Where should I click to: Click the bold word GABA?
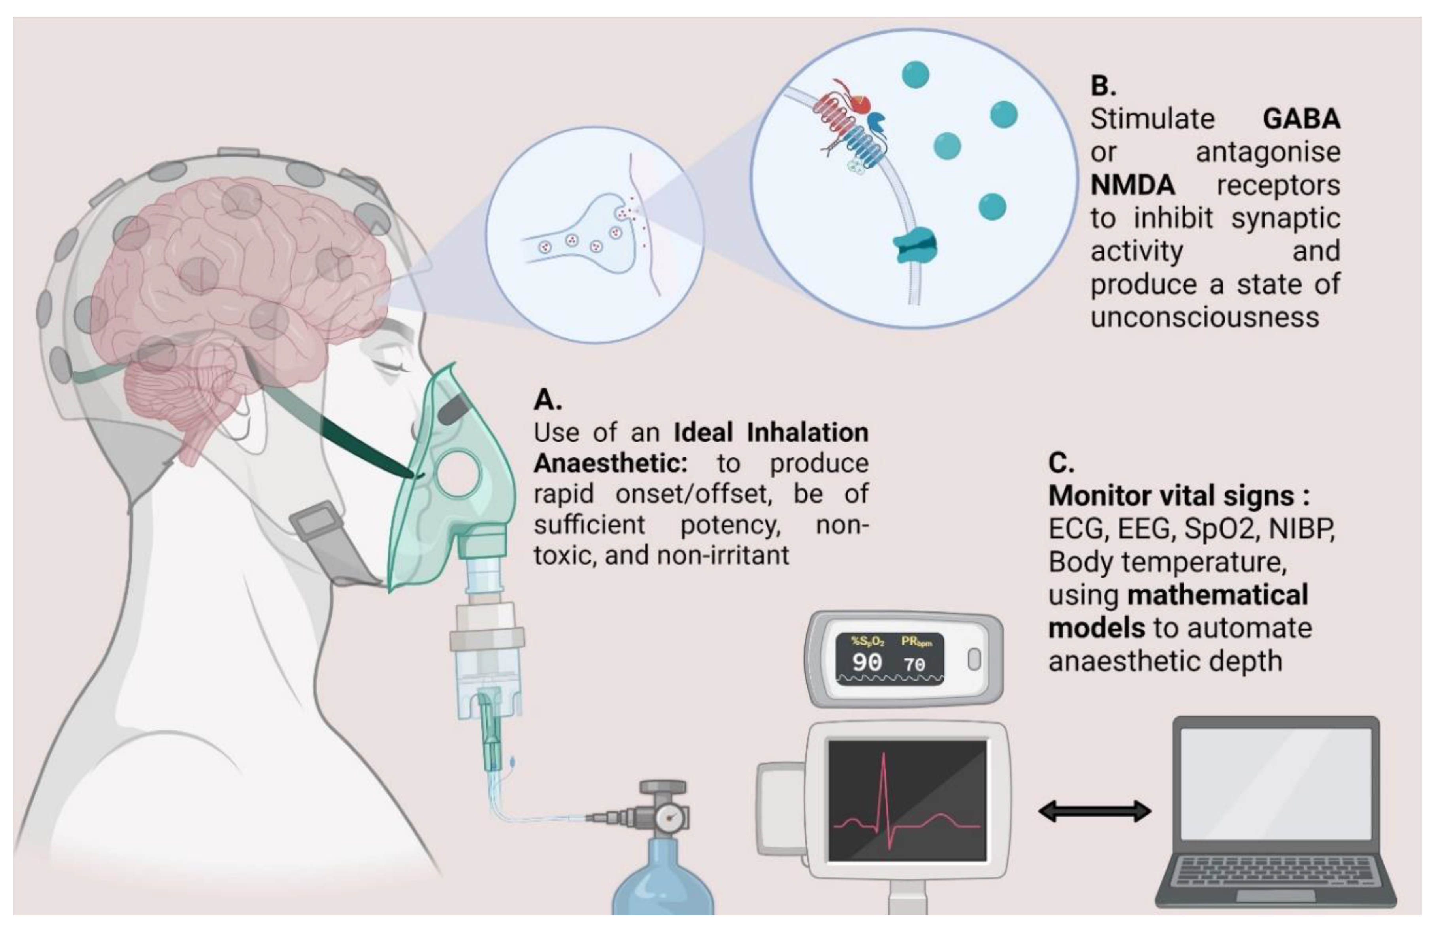click(1301, 119)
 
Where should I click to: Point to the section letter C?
click(1061, 463)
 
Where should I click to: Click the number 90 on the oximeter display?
click(867, 662)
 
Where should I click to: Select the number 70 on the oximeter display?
click(914, 664)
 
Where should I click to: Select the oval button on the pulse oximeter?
click(974, 660)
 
